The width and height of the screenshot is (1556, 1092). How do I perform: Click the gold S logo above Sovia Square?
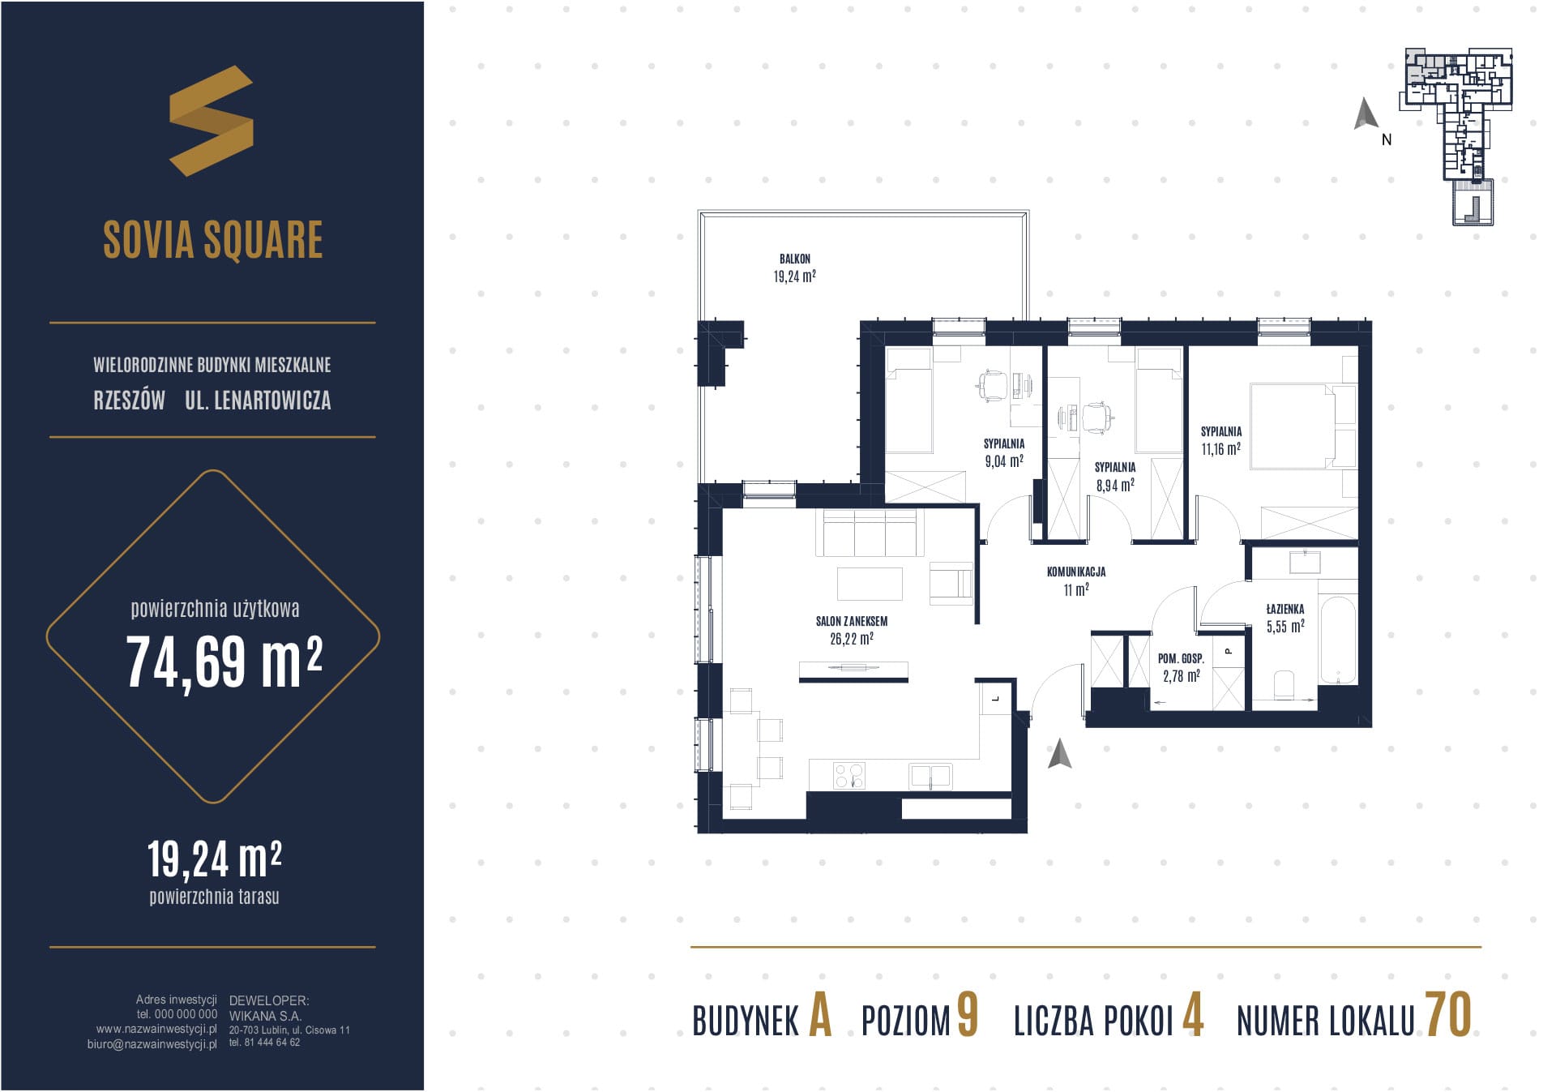click(x=212, y=121)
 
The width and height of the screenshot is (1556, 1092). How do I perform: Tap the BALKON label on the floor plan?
click(x=794, y=259)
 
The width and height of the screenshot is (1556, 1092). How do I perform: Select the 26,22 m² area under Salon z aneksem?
click(x=851, y=639)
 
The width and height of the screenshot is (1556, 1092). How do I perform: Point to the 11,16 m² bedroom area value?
click(x=1220, y=448)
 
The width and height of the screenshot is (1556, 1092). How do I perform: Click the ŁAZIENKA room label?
click(x=1285, y=609)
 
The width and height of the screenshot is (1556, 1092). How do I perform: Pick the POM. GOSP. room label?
click(x=1181, y=659)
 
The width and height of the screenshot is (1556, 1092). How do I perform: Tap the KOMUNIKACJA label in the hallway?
click(x=1076, y=572)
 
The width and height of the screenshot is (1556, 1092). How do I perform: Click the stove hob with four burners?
click(x=849, y=776)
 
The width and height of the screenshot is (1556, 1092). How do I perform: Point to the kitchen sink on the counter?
click(x=930, y=776)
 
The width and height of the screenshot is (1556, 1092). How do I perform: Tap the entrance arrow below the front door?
click(x=1059, y=753)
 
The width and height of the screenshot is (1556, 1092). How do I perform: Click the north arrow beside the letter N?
click(x=1366, y=114)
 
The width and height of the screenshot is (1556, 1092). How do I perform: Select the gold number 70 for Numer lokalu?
click(x=1448, y=1014)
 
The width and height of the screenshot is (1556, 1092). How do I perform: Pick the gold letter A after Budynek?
click(x=820, y=1015)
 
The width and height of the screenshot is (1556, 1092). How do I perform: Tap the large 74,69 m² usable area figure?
click(x=224, y=662)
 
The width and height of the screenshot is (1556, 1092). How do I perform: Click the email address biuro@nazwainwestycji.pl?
click(x=152, y=1044)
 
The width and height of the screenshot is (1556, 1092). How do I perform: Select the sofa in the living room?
click(x=870, y=532)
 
